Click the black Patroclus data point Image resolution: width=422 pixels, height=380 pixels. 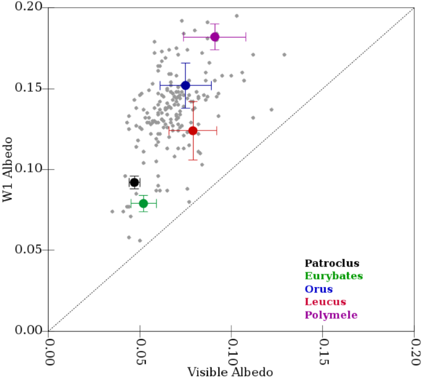point(134,182)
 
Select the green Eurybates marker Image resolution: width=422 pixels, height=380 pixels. point(144,204)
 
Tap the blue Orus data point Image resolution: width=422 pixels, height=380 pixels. point(185,85)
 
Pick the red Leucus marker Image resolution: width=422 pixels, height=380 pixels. point(193,130)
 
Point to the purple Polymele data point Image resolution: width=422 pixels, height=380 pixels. point(215,37)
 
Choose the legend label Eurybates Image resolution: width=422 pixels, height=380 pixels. point(337,277)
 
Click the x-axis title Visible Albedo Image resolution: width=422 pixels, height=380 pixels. point(230,372)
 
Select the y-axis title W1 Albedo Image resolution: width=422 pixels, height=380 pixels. point(9,169)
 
